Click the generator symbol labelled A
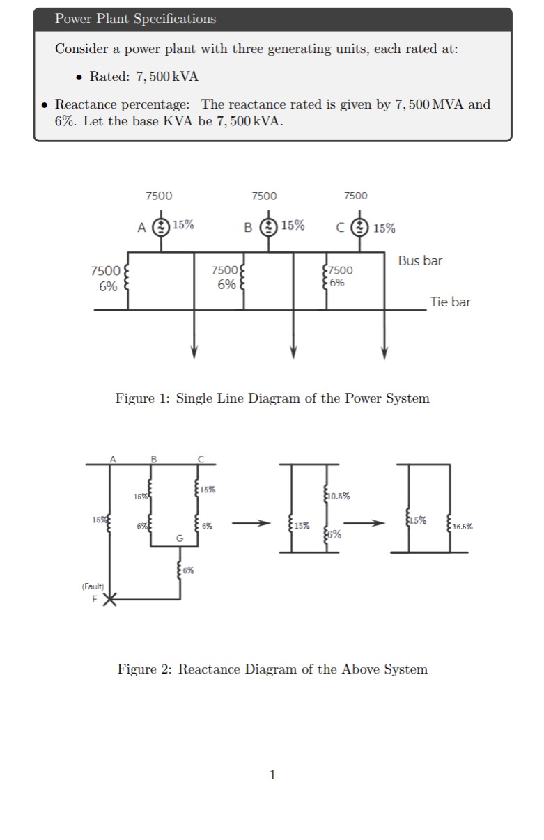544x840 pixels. [x=161, y=227]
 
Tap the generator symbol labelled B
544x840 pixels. [x=268, y=227]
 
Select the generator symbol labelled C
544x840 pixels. [x=359, y=228]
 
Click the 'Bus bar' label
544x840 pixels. [x=420, y=260]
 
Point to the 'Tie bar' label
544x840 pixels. [x=450, y=302]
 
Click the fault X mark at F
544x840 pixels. [x=109, y=599]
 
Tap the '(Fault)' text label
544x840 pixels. [x=93, y=586]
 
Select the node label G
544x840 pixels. [x=180, y=538]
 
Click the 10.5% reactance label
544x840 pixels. [x=339, y=496]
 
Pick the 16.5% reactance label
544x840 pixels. [x=463, y=527]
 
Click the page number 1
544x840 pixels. [x=272, y=775]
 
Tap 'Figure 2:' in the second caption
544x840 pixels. [x=144, y=669]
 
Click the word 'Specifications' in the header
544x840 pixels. [x=175, y=19]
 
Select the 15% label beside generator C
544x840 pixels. [x=384, y=228]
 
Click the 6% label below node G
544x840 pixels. [x=188, y=570]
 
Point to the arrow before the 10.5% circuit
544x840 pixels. [x=251, y=523]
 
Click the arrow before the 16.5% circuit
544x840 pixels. [x=364, y=523]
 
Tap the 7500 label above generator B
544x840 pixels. [x=264, y=196]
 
